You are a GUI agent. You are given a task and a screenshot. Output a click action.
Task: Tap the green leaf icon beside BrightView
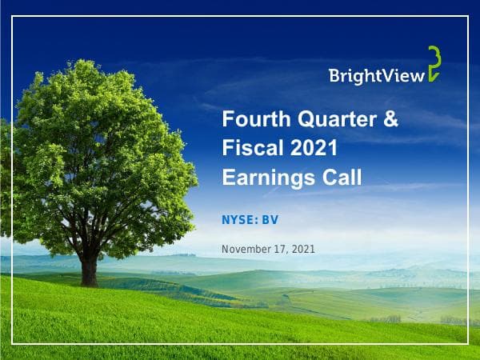(434, 64)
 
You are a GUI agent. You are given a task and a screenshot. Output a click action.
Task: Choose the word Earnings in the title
(264, 177)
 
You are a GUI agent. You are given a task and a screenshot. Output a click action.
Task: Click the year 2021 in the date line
(303, 250)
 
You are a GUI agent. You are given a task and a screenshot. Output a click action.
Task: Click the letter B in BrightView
(334, 75)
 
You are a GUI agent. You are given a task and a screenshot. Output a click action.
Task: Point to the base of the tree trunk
(89, 282)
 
